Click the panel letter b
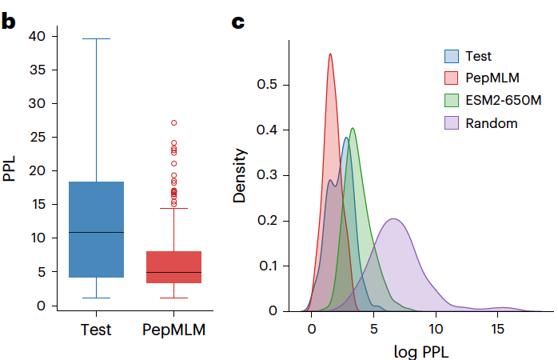click(x=8, y=22)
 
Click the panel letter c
click(x=237, y=22)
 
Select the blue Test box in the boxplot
click(x=96, y=230)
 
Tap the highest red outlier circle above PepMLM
click(x=173, y=123)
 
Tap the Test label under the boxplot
click(x=96, y=330)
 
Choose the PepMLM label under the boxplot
click(x=173, y=330)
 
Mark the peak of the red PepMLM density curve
click(x=330, y=54)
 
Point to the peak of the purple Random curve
click(x=394, y=218)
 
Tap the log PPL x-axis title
click(x=420, y=350)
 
